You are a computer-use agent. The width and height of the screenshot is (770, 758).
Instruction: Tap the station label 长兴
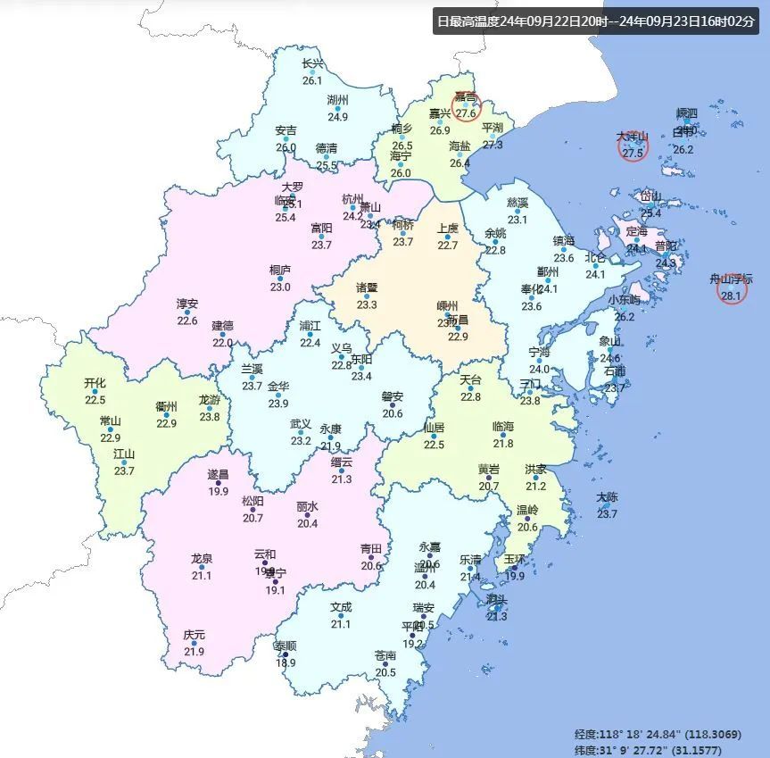click(312, 63)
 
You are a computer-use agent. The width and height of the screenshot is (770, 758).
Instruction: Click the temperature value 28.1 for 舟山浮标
click(731, 295)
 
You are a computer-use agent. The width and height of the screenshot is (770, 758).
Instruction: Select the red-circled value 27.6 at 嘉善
click(466, 113)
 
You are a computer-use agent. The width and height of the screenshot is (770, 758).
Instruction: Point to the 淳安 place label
click(186, 304)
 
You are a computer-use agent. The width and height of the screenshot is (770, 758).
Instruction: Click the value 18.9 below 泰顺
click(286, 662)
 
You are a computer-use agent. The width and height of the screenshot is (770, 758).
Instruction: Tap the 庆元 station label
click(194, 635)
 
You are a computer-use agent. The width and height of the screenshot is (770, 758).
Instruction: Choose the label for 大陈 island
click(607, 497)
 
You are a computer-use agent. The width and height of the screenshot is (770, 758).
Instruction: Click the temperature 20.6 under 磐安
click(393, 412)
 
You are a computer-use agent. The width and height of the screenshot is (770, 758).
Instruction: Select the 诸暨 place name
click(367, 288)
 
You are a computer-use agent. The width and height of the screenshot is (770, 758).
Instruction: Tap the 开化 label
click(95, 383)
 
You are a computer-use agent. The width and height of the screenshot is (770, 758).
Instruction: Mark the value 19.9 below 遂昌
click(218, 491)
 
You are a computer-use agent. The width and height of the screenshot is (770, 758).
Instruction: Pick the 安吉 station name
click(286, 130)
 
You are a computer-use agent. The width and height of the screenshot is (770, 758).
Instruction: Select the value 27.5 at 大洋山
click(633, 153)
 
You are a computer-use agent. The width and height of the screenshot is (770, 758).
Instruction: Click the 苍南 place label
click(385, 655)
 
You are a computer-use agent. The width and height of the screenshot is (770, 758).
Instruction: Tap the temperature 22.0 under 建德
click(222, 342)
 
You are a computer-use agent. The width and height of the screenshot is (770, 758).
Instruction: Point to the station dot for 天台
click(470, 388)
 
